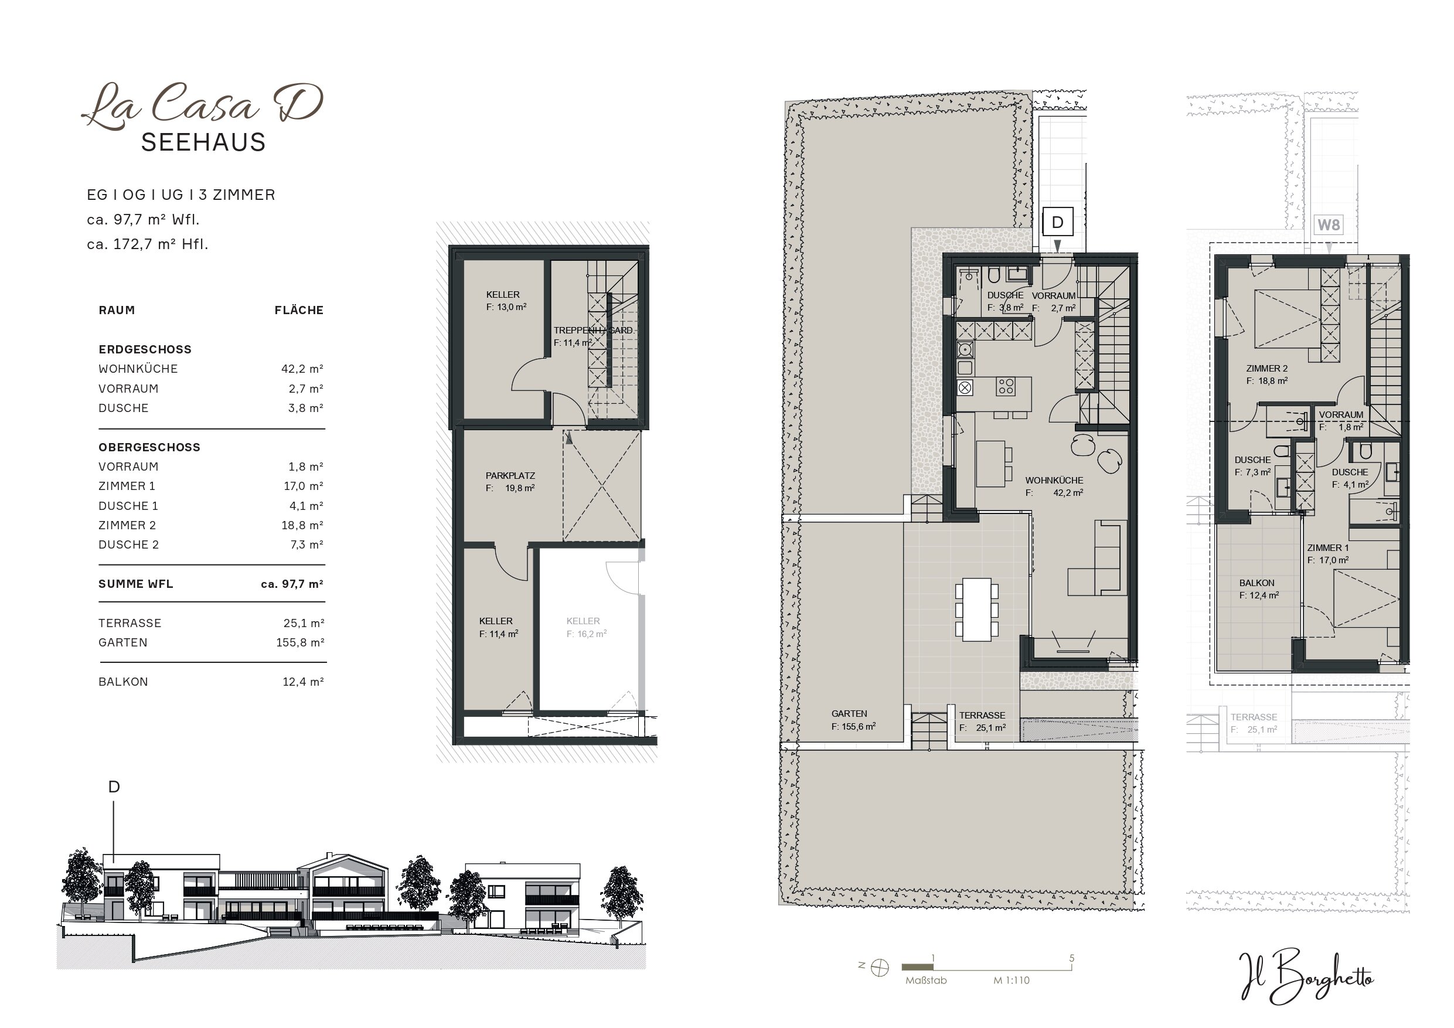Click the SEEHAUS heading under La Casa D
[x=203, y=142]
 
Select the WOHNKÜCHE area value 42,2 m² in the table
[x=302, y=369]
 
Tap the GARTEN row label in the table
[x=123, y=642]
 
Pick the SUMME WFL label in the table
[x=135, y=584]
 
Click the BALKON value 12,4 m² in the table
[x=303, y=682]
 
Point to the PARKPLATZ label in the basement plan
[x=510, y=476]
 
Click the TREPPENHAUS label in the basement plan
[x=593, y=330]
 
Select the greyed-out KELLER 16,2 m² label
[x=587, y=627]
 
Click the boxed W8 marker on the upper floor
[x=1329, y=225]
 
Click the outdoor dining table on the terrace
[x=976, y=610]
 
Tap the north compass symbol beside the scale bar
[x=880, y=968]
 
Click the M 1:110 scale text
[x=1012, y=981]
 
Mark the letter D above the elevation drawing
[x=114, y=787]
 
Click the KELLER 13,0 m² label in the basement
[x=506, y=300]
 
